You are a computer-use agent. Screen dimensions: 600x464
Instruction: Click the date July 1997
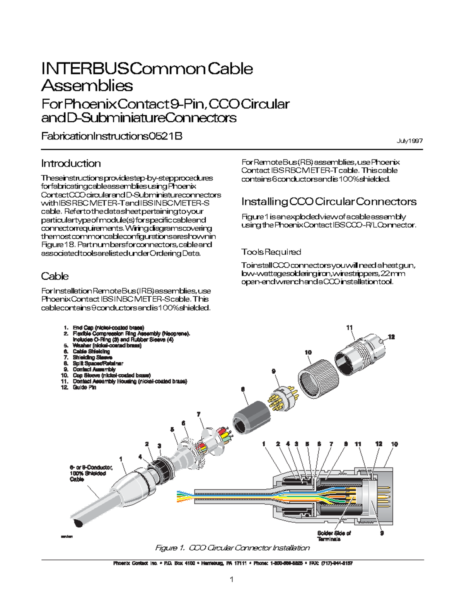click(x=409, y=141)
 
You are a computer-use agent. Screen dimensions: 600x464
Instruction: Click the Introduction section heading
click(x=71, y=163)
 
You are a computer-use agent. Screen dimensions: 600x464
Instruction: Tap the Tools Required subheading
click(x=271, y=252)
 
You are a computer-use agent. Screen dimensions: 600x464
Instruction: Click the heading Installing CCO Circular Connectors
click(x=329, y=202)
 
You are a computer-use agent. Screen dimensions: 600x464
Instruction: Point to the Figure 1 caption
click(x=232, y=548)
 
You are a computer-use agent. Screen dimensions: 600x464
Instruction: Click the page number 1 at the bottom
click(x=232, y=579)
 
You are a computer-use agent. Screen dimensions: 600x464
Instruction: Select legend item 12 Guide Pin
click(x=84, y=387)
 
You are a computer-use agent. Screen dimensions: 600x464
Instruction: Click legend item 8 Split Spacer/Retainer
click(x=97, y=363)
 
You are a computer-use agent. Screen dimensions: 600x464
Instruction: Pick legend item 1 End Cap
click(x=108, y=328)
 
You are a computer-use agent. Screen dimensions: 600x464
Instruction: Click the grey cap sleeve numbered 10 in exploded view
click(x=318, y=379)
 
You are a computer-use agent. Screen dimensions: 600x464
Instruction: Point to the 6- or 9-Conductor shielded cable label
click(x=90, y=473)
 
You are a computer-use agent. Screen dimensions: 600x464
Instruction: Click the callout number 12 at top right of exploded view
click(x=391, y=337)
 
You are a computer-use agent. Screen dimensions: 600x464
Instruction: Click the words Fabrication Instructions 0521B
click(x=111, y=136)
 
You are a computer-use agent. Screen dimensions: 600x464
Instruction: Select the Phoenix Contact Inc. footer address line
click(x=232, y=563)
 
